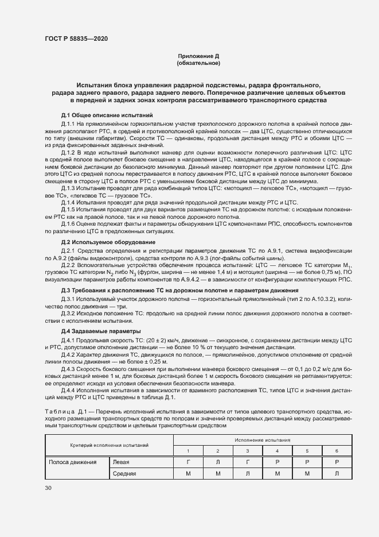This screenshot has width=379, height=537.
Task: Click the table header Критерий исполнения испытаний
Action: [110, 445]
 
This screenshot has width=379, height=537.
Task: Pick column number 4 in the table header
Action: [277, 451]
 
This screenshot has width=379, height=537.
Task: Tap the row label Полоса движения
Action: [72, 462]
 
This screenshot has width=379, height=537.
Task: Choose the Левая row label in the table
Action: [121, 462]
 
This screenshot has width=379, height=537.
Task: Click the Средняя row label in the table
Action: [124, 473]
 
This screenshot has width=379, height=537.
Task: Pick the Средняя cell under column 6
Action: [337, 473]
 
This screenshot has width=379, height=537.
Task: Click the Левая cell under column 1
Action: [188, 462]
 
